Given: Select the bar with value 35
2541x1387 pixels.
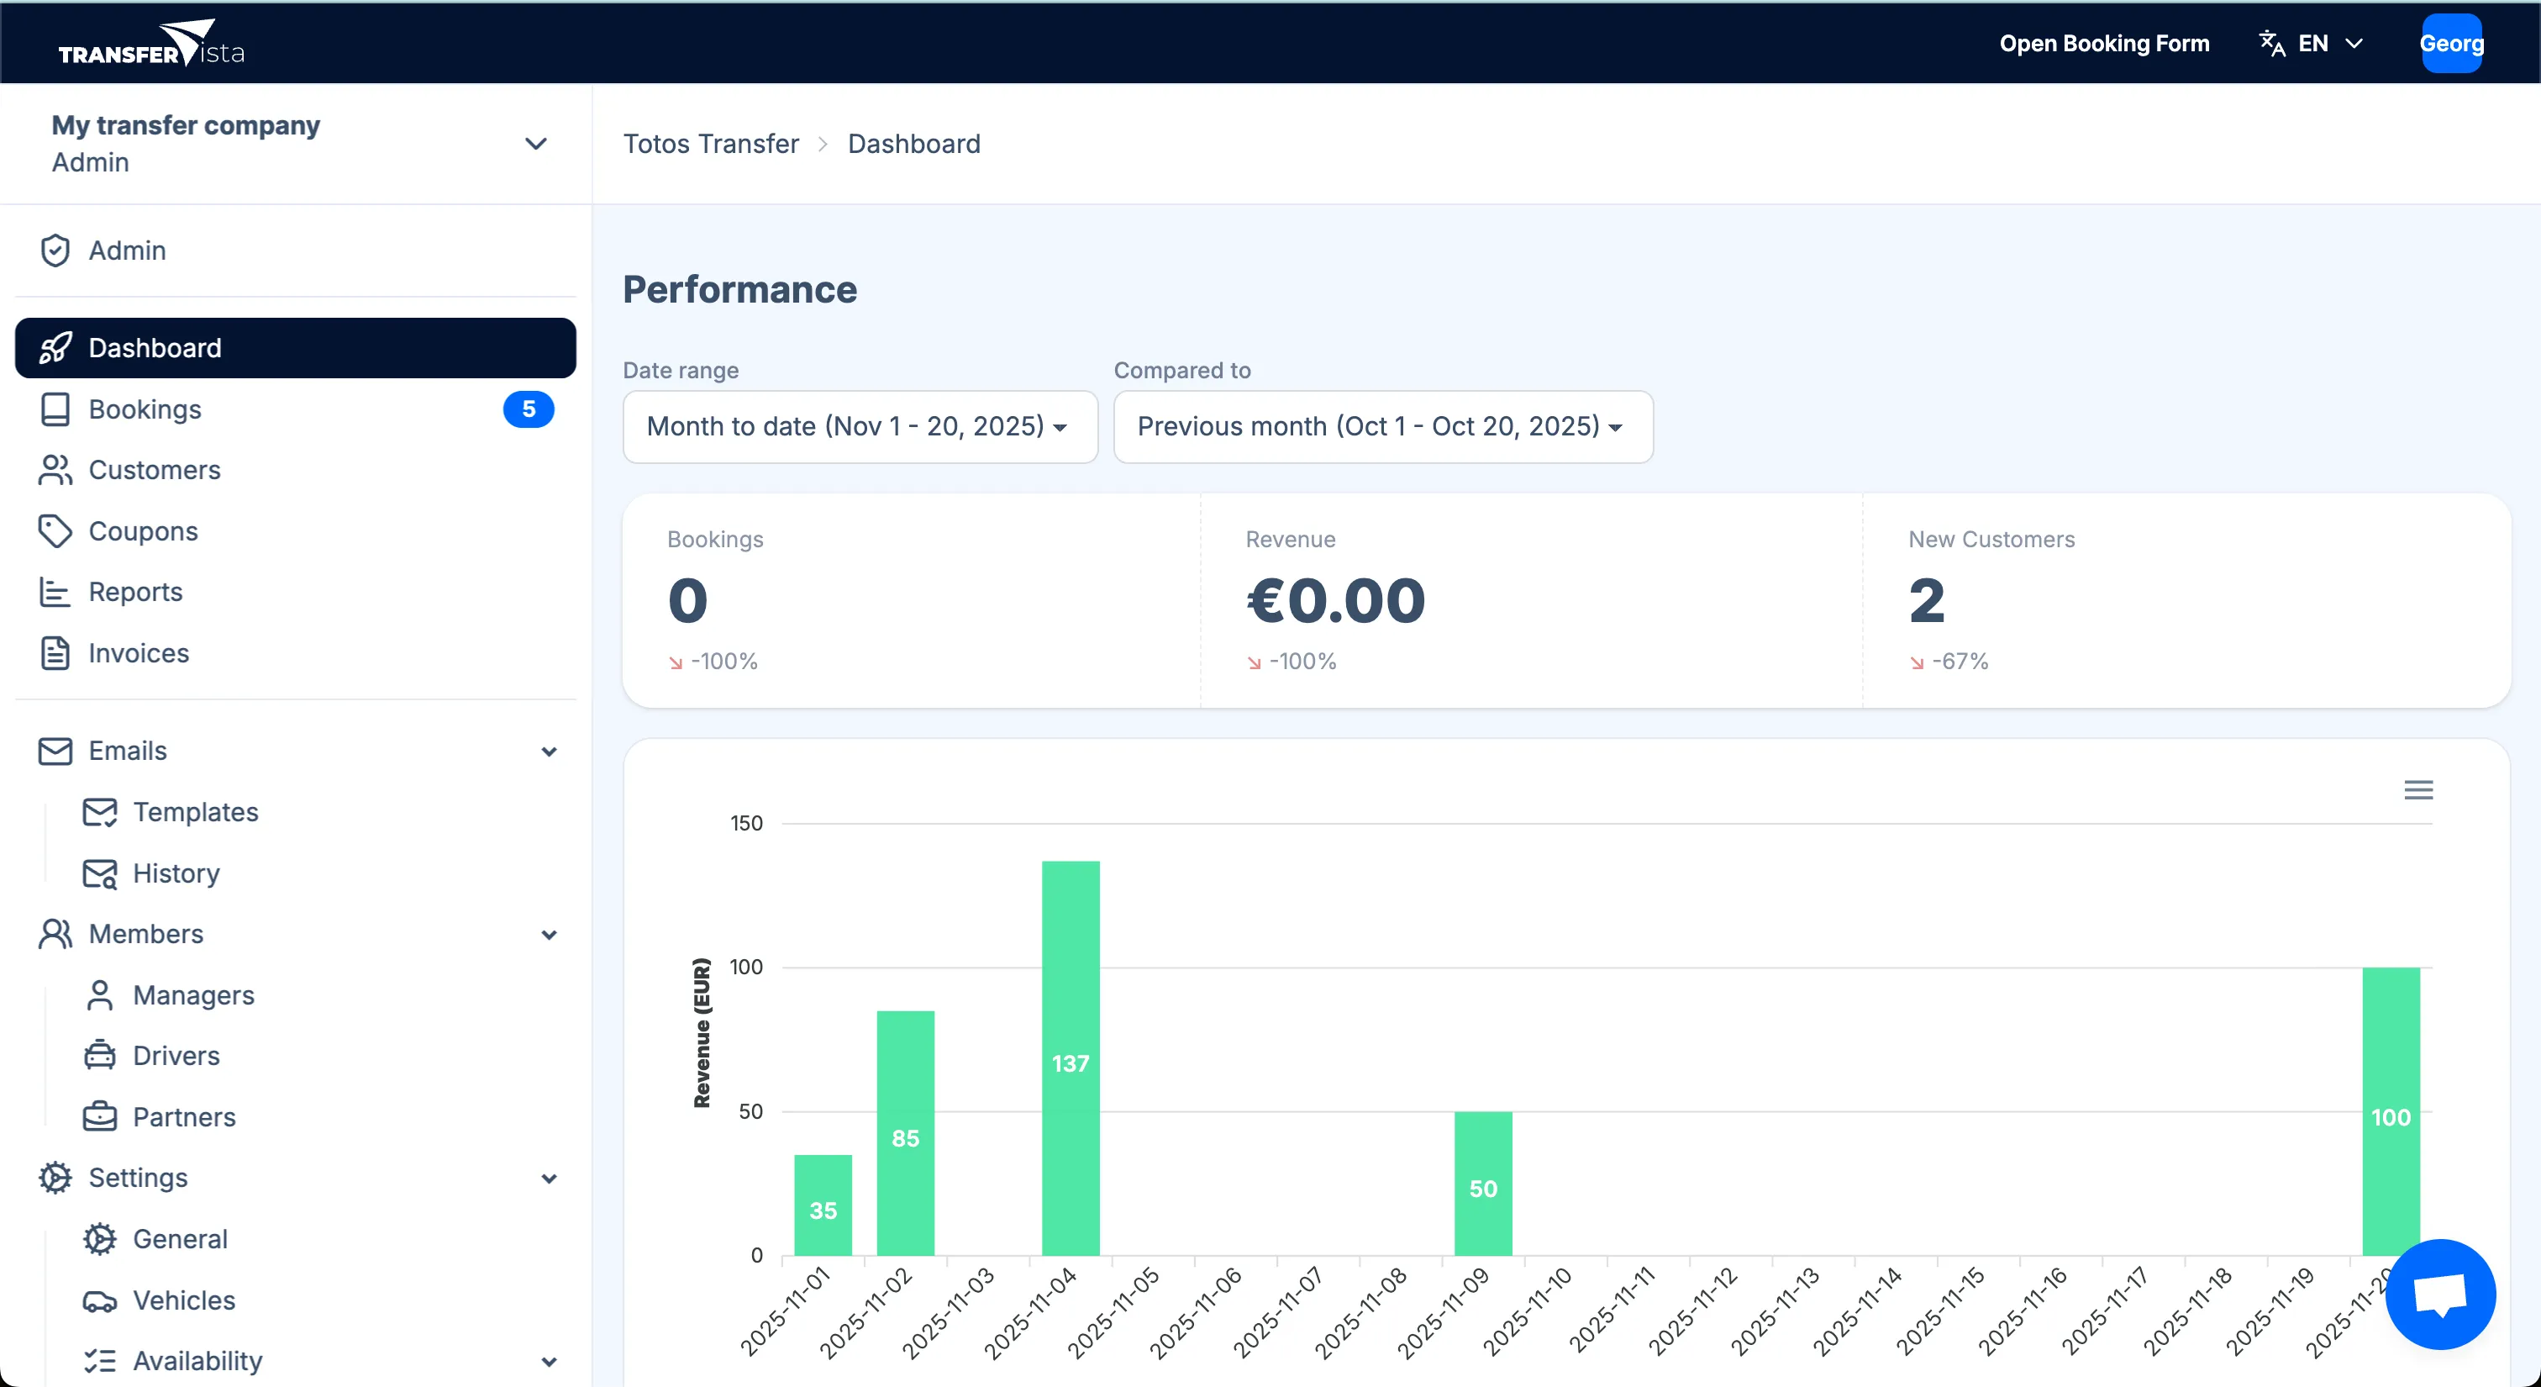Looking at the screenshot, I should click(823, 1205).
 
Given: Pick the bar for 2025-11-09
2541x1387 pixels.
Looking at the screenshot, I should click(1482, 1183).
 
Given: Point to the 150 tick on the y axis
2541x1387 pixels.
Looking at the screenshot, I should click(745, 823).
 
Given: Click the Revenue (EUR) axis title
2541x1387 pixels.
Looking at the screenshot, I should click(702, 1032).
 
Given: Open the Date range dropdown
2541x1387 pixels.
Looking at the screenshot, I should click(859, 426).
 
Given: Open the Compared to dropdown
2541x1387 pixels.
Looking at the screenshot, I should click(1382, 426).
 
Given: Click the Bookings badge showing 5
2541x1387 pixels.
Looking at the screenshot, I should click(528, 409).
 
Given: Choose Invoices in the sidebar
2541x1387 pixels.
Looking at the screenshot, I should click(138, 653).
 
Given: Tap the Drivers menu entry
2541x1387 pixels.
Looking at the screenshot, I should click(176, 1056).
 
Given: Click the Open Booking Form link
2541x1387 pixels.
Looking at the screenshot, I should click(2104, 44).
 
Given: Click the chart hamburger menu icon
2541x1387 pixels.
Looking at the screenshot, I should click(2417, 789).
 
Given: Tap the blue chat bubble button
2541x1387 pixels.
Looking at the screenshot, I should click(2439, 1294).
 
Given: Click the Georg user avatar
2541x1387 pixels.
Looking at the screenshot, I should click(2451, 44).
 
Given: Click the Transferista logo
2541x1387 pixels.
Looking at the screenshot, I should click(151, 44).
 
